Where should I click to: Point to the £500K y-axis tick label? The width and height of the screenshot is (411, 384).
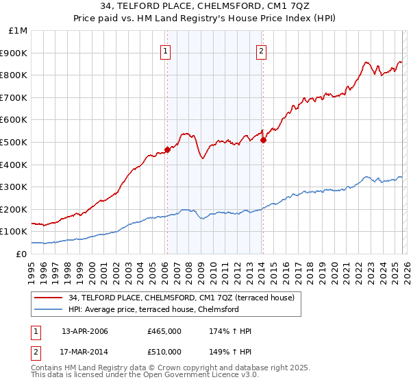14,142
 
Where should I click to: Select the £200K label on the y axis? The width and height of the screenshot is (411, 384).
14,209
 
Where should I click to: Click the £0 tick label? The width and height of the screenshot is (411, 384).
21,254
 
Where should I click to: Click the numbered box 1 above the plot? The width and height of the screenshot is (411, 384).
166,50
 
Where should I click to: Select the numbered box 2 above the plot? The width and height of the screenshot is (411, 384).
262,50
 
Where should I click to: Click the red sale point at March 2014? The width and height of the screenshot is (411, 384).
263,140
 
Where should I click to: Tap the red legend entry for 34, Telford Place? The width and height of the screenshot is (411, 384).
181,298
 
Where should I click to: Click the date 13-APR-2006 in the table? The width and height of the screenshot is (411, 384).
85,331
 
